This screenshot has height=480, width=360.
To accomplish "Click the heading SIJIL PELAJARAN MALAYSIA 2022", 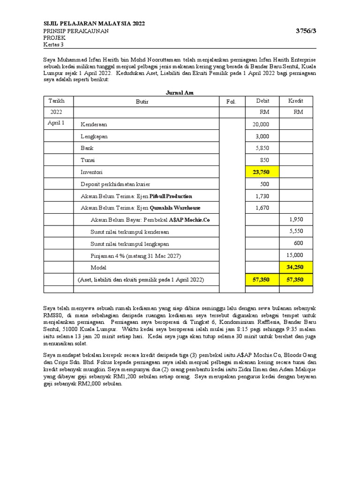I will tap(94, 24).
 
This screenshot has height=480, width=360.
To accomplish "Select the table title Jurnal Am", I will tap(180, 93).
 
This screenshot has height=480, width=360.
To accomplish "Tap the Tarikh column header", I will tap(56, 101).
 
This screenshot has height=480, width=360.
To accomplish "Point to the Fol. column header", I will tap(231, 102).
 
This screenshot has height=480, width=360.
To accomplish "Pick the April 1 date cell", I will tap(56, 123).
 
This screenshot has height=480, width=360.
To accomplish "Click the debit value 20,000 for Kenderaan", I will tap(261, 124).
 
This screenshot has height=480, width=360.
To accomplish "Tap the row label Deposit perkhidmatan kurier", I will tap(115, 184).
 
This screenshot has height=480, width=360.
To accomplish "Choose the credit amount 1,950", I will tap(297, 219).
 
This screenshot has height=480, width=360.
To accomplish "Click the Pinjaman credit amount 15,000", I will tap(295, 255).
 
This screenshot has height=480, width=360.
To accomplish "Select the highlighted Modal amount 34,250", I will tap(296, 267).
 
